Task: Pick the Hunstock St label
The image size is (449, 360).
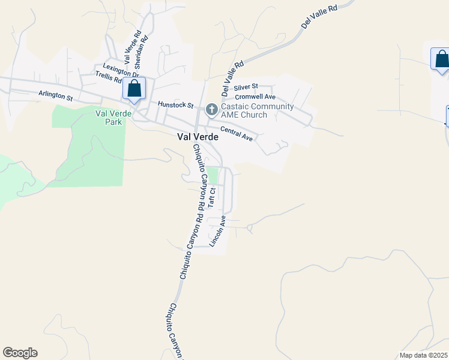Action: (x=175, y=104)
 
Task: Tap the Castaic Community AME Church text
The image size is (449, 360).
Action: (x=257, y=111)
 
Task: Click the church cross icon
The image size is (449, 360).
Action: (x=211, y=109)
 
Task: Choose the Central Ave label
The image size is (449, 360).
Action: (x=237, y=133)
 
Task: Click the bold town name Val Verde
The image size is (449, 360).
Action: (x=197, y=137)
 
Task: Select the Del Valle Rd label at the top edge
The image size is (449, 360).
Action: (x=319, y=16)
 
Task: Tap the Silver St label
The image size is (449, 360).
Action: (x=246, y=87)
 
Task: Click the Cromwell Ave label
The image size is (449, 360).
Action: (x=255, y=97)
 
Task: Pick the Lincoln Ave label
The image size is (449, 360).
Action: (x=217, y=231)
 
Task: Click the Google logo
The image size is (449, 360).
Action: (x=20, y=353)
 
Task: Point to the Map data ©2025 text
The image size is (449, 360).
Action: (x=423, y=355)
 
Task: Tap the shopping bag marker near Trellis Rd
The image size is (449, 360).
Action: (x=134, y=88)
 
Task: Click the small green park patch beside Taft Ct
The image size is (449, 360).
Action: (x=212, y=176)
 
